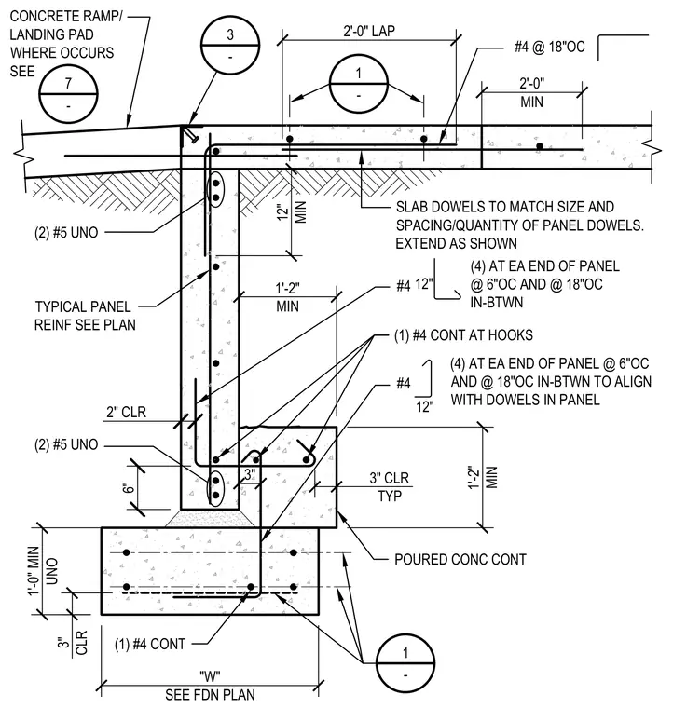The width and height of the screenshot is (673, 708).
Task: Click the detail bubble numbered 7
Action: tap(68, 93)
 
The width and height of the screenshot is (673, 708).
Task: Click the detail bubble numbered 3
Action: tap(230, 45)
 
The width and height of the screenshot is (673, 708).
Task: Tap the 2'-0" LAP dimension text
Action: tap(369, 31)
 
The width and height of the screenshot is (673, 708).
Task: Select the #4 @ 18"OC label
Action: tap(550, 47)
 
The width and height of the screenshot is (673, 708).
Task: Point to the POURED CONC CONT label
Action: tap(460, 560)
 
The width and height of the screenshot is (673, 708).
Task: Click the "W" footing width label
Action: tap(210, 676)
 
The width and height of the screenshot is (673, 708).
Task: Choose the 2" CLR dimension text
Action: tap(127, 413)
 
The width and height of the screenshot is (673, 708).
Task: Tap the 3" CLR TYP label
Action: tap(390, 486)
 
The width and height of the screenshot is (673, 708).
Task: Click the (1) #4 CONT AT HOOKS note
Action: tap(463, 335)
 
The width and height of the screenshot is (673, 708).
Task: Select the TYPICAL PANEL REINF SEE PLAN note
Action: tap(85, 316)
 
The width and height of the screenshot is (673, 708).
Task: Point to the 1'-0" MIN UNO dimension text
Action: tap(43, 571)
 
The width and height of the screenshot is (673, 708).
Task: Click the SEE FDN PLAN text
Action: tap(210, 694)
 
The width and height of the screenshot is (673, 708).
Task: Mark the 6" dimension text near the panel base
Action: tap(130, 488)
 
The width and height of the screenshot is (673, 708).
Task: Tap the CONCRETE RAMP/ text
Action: tap(66, 16)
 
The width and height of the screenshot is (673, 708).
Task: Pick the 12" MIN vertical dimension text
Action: tap(292, 211)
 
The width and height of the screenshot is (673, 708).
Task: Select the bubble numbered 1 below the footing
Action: tap(405, 663)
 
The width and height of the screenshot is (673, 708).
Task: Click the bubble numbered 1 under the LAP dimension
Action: tap(359, 84)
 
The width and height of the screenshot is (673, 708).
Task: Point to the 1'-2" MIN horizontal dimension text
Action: tap(288, 297)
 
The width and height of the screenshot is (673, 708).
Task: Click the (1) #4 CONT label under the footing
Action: tap(150, 644)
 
